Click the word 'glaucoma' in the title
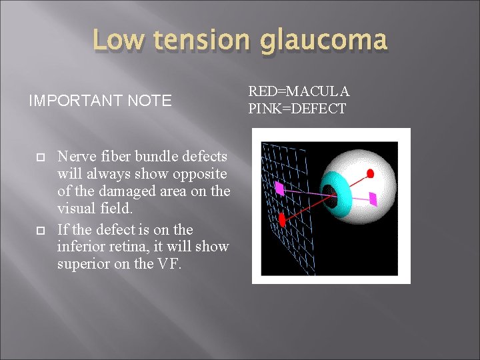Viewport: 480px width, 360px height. click(323, 41)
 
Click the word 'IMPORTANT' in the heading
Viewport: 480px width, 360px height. click(71, 101)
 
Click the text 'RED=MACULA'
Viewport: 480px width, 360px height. click(299, 91)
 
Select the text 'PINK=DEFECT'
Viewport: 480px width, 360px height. click(297, 109)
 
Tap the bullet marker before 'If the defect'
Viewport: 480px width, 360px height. click(41, 230)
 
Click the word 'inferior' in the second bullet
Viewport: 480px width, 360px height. click(80, 247)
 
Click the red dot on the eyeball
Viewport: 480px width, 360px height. click(371, 173)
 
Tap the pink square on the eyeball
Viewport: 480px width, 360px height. click(373, 198)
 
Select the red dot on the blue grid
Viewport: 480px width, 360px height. click(281, 219)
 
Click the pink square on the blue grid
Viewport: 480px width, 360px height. click(279, 189)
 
